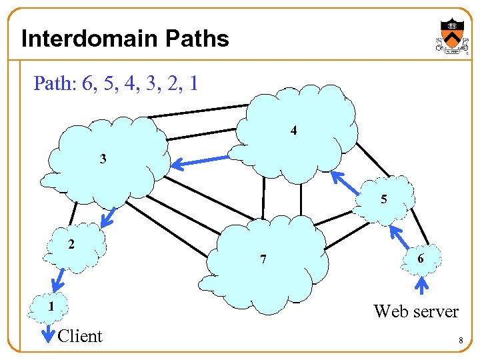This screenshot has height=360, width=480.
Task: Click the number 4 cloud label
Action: tap(294, 131)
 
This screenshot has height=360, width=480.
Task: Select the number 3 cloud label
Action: tap(103, 159)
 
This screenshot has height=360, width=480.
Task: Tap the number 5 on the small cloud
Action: tap(383, 199)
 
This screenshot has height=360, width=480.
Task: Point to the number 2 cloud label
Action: tap(71, 243)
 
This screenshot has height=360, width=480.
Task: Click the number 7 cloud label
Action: tap(263, 259)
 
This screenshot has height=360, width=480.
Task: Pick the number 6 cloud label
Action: tap(420, 258)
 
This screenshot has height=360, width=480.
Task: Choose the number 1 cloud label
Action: tap(51, 307)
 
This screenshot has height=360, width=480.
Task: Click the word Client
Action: tap(80, 336)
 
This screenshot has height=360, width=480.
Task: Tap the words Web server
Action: tap(416, 311)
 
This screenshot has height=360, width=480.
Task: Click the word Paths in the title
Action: tap(199, 39)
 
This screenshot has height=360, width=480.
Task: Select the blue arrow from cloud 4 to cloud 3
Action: tap(200, 161)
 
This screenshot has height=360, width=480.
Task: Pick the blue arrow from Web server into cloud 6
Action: tap(421, 286)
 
